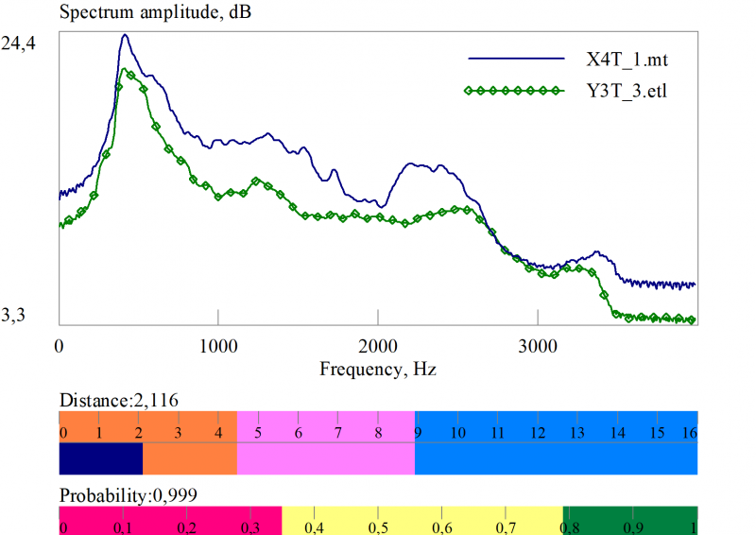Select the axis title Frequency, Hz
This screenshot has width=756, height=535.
[x=378, y=368]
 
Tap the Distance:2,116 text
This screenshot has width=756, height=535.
[x=118, y=400]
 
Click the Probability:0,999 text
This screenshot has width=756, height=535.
[x=128, y=494]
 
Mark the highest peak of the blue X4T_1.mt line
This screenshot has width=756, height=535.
[x=124, y=35]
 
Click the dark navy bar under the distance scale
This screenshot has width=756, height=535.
[x=101, y=458]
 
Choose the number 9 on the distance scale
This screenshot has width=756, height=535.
[x=417, y=433]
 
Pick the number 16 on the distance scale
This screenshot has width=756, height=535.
[x=689, y=433]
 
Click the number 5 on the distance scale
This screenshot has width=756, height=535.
[x=258, y=433]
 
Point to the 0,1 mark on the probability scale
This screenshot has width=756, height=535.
[x=123, y=526]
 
